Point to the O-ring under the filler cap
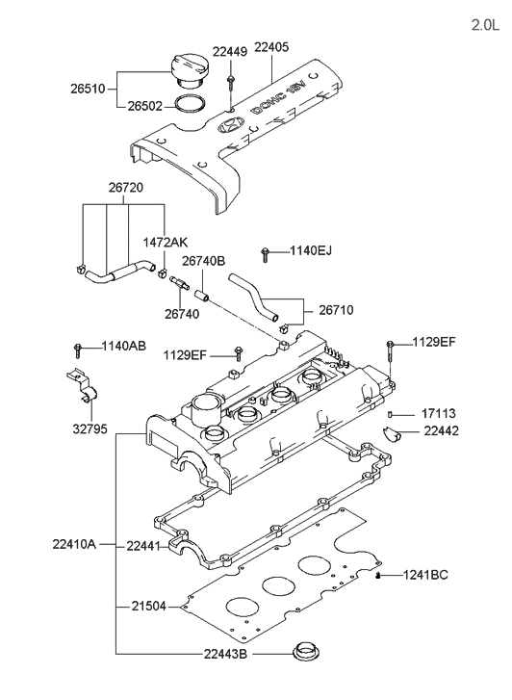point(191,103)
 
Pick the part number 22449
point(231,52)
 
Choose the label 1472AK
point(165,243)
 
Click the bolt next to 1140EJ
point(265,254)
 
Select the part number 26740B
point(204,261)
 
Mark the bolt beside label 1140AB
point(77,347)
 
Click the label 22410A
point(73,544)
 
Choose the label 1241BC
point(424,575)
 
